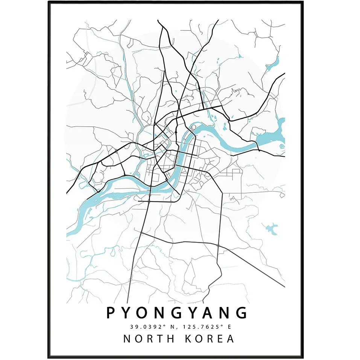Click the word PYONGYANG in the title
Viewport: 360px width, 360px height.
pyautogui.click(x=177, y=313)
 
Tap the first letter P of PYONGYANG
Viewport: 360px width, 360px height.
pyautogui.click(x=111, y=313)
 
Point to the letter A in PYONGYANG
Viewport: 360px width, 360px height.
pyautogui.click(x=209, y=313)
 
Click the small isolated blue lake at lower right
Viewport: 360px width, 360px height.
pyautogui.click(x=271, y=228)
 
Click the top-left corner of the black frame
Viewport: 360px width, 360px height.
pyautogui.click(x=49, y=2)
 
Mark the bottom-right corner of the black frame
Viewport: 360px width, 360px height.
pyautogui.click(x=303, y=357)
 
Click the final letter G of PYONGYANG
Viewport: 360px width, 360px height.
pyautogui.click(x=242, y=313)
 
